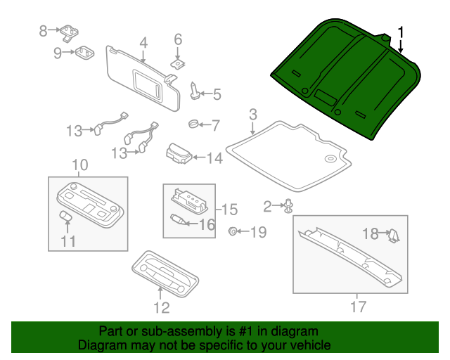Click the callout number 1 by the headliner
click(401, 32)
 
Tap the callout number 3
click(252, 114)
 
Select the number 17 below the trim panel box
click(358, 306)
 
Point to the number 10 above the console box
click(79, 165)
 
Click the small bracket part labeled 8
click(70, 32)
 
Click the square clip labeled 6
click(178, 63)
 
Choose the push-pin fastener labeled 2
click(289, 206)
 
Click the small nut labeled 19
click(232, 231)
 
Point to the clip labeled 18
click(394, 235)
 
